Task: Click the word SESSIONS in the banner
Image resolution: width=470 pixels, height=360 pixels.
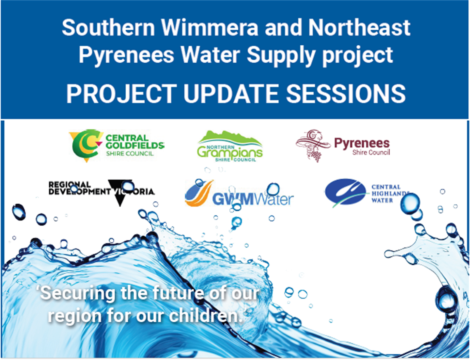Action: point(345,94)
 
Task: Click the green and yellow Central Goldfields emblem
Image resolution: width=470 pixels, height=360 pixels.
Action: point(86,145)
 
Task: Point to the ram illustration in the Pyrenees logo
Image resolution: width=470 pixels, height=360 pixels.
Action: point(313,145)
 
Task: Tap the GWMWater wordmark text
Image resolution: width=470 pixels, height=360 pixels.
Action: point(253,199)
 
